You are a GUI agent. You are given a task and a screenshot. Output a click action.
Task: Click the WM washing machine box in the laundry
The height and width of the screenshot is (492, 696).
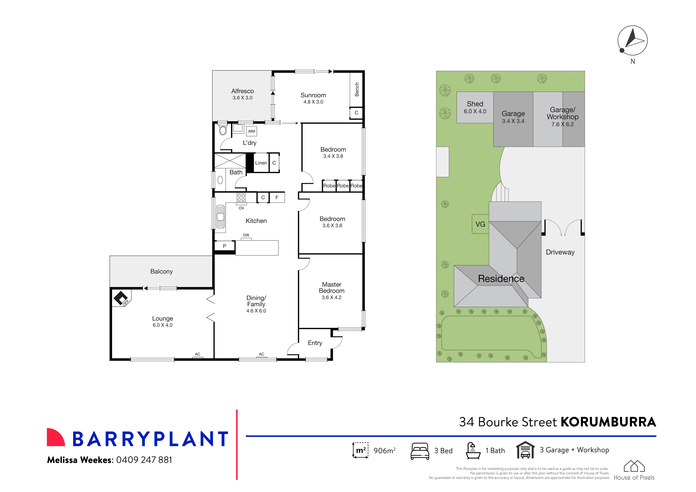coord(251,131)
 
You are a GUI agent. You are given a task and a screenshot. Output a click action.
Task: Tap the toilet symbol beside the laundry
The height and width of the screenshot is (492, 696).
coord(223,130)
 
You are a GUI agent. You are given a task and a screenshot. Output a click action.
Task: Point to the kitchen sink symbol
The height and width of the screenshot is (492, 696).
coord(220,217)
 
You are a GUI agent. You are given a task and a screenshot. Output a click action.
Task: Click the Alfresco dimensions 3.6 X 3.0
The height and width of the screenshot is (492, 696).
coord(242,98)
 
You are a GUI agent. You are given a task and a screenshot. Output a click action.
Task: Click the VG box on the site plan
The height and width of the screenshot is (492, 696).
coord(480,224)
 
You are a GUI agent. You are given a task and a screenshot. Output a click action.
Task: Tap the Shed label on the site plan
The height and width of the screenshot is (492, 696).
coord(475,104)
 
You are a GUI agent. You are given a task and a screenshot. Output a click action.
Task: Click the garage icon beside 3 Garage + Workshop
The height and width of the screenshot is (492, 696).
coord(525,450)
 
